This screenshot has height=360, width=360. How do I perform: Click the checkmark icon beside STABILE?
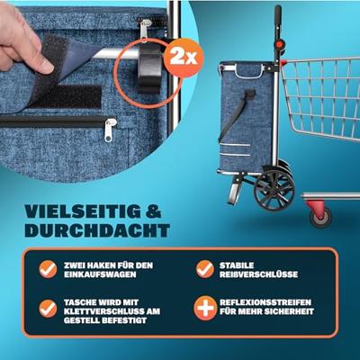tap(203, 269)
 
